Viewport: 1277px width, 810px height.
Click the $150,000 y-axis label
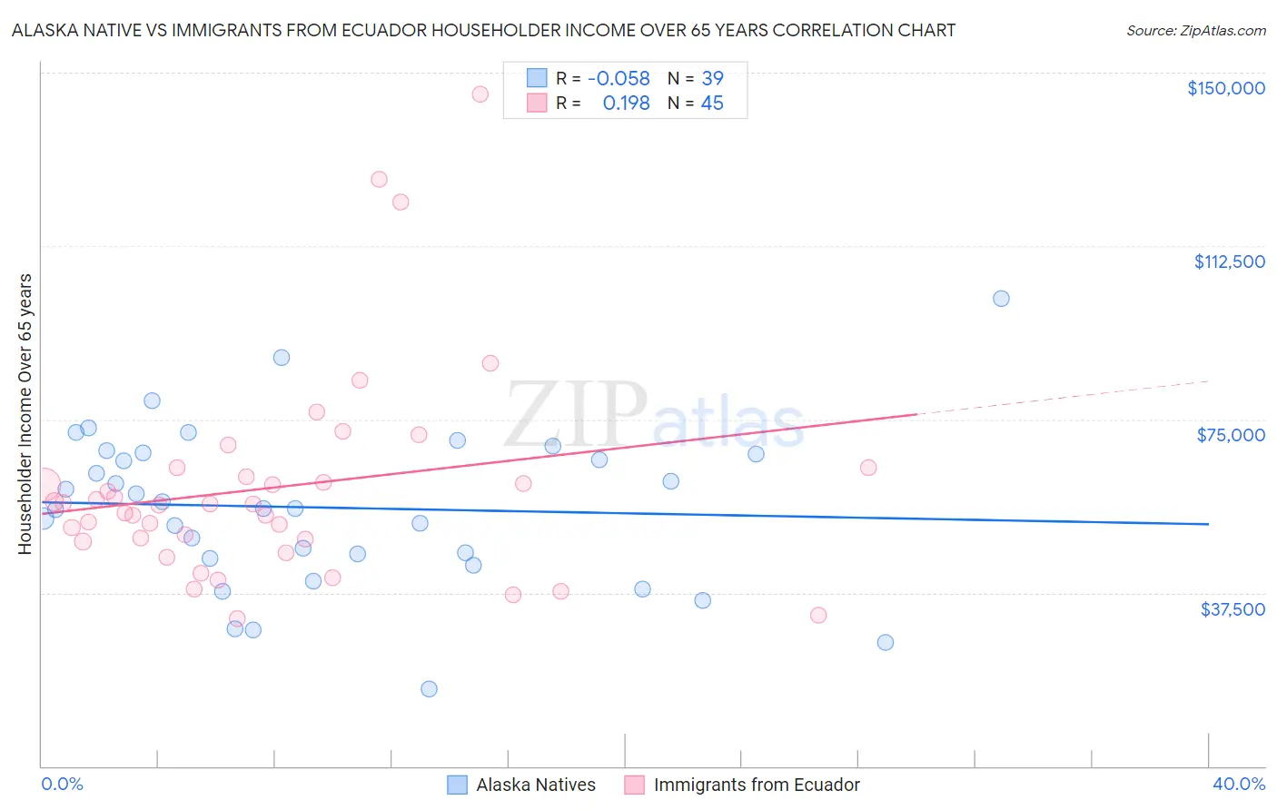pos(1225,88)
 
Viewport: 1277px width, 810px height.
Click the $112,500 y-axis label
pos(1229,262)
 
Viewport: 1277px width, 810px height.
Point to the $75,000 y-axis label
pos(1231,435)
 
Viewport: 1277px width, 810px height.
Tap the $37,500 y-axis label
pos(1232,609)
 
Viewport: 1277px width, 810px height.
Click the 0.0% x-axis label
pos(62,784)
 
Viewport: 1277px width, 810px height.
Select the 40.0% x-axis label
pos(1238,784)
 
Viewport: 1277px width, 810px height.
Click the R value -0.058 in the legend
pos(619,78)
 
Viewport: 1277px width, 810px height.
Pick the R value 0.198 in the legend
pos(626,104)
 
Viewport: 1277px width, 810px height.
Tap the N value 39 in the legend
pos(712,78)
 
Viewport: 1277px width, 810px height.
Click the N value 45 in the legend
pos(712,104)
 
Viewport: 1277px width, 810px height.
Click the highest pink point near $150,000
pos(480,94)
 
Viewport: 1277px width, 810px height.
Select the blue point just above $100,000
pos(1001,298)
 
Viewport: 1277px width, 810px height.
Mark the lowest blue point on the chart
pos(429,688)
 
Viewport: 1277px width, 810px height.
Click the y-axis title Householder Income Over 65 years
pos(25,413)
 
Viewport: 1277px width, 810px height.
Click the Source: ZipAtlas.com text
pos(1195,30)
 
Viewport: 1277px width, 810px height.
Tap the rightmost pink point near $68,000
pos(868,468)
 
